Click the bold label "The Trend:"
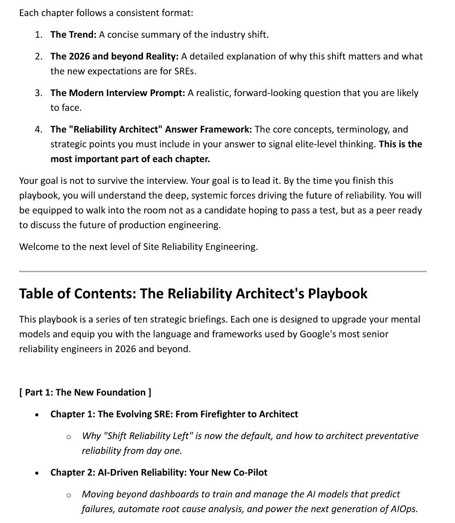click(73, 35)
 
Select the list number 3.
click(39, 93)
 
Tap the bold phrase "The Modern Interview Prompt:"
click(118, 93)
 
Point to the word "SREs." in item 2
click(185, 71)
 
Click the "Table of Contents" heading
click(193, 294)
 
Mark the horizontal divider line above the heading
click(223, 272)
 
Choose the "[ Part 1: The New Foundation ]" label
click(85, 393)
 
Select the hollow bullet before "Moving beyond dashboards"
click(69, 495)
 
